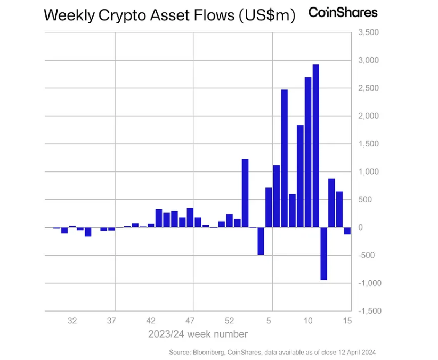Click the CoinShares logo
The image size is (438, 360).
[343, 13]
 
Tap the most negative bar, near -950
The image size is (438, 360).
[323, 253]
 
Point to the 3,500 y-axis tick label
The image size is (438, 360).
[368, 32]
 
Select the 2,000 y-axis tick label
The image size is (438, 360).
[368, 116]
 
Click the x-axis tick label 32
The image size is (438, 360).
[72, 321]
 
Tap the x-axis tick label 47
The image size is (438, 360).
[190, 321]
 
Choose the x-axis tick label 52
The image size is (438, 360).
[229, 321]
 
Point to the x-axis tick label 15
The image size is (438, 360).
[347, 321]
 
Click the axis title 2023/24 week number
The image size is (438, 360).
[198, 334]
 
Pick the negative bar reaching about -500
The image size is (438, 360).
[261, 241]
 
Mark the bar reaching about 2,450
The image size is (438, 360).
[285, 158]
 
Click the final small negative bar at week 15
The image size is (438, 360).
[347, 231]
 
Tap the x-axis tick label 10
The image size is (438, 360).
[307, 321]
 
